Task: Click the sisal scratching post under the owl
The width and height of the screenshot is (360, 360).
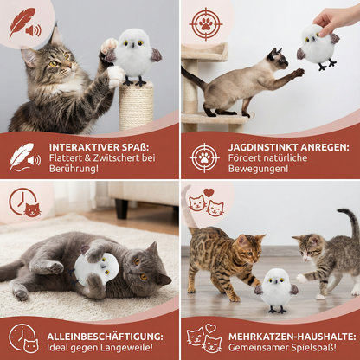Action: (x=135, y=106)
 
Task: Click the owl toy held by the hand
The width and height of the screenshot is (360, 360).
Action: (x=317, y=45)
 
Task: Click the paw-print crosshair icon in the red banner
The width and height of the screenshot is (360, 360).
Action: (x=205, y=157)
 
